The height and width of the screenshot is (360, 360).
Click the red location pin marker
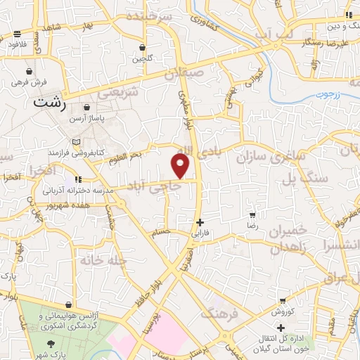pos(180,165)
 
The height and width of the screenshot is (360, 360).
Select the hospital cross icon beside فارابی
pos(200,222)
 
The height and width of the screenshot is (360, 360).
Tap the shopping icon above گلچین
pos(143,48)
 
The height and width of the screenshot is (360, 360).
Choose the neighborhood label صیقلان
pos(184,71)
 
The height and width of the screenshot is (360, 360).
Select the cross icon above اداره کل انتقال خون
pos(281,328)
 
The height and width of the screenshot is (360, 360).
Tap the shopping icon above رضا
pos(252,214)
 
